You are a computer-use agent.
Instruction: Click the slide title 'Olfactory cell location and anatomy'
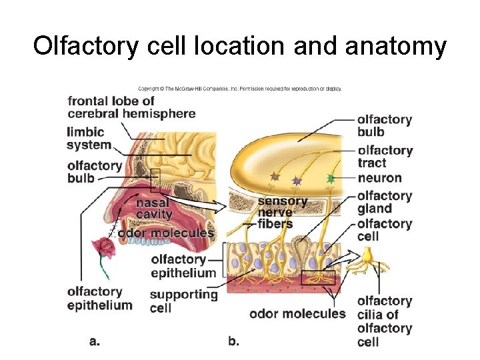(x=240, y=46)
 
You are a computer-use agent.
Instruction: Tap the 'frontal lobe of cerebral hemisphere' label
(x=131, y=107)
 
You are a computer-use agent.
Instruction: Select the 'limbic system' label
(x=89, y=138)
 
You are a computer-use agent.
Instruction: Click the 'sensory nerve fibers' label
(x=282, y=212)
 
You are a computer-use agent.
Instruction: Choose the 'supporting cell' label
(x=183, y=301)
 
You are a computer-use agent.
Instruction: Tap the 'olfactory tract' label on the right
(x=385, y=157)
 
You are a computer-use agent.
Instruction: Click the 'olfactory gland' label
(x=384, y=202)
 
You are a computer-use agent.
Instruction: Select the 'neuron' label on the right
(x=379, y=178)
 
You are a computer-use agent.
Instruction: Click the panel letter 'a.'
(x=95, y=341)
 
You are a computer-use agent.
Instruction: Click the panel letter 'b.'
(x=233, y=341)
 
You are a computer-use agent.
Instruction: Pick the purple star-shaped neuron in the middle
(x=297, y=180)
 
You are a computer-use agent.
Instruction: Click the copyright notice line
(x=239, y=88)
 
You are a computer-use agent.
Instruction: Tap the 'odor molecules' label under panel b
(x=297, y=313)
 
